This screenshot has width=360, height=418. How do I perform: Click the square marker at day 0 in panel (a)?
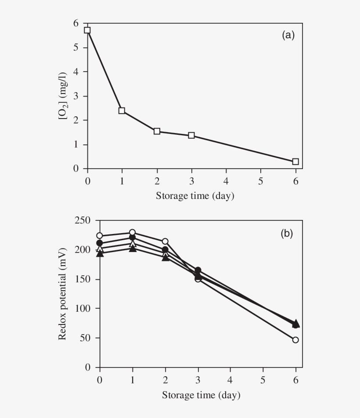pyautogui.click(x=87, y=30)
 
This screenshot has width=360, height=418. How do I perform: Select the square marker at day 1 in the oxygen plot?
pyautogui.click(x=122, y=111)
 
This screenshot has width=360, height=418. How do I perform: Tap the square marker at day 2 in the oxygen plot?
pyautogui.click(x=157, y=131)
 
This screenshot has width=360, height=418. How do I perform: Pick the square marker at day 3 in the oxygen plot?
pyautogui.click(x=191, y=135)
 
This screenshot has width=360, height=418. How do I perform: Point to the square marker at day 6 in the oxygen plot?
pyautogui.click(x=295, y=162)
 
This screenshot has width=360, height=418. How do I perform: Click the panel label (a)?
pyautogui.click(x=288, y=36)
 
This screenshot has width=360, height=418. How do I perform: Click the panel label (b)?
pyautogui.click(x=287, y=234)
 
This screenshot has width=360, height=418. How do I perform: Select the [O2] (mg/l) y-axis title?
pyautogui.click(x=64, y=96)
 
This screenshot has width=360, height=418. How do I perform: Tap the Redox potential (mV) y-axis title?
pyautogui.click(x=62, y=294)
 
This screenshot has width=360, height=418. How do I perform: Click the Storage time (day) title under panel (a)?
pyautogui.click(x=195, y=196)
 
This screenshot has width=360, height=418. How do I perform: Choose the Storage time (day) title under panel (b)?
pyautogui.click(x=201, y=395)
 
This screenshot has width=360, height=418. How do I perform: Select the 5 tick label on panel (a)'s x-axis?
pyautogui.click(x=261, y=180)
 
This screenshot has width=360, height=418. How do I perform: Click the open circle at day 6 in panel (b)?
pyautogui.click(x=295, y=340)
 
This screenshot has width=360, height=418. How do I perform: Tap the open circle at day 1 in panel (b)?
pyautogui.click(x=132, y=232)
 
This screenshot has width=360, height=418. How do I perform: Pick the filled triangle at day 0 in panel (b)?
pyautogui.click(x=100, y=254)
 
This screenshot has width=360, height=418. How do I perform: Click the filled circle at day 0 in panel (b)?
pyautogui.click(x=100, y=243)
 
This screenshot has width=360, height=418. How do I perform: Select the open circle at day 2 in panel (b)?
pyautogui.click(x=165, y=241)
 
